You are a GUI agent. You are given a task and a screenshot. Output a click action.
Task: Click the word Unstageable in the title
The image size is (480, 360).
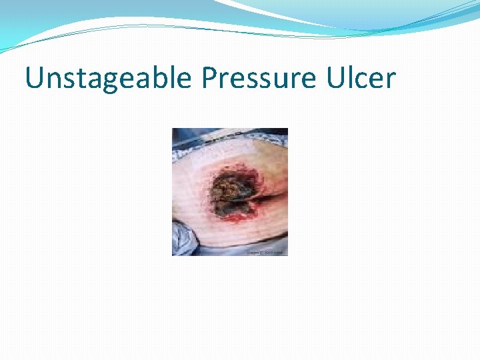(109, 79)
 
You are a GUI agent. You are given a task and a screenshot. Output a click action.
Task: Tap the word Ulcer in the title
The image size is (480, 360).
(361, 79)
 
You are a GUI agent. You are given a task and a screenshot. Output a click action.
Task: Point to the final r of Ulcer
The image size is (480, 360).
(391, 81)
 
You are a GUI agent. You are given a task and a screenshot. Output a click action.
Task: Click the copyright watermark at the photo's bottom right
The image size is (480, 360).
(266, 253)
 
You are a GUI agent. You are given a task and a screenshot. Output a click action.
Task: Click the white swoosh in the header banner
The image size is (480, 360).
(280, 13)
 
